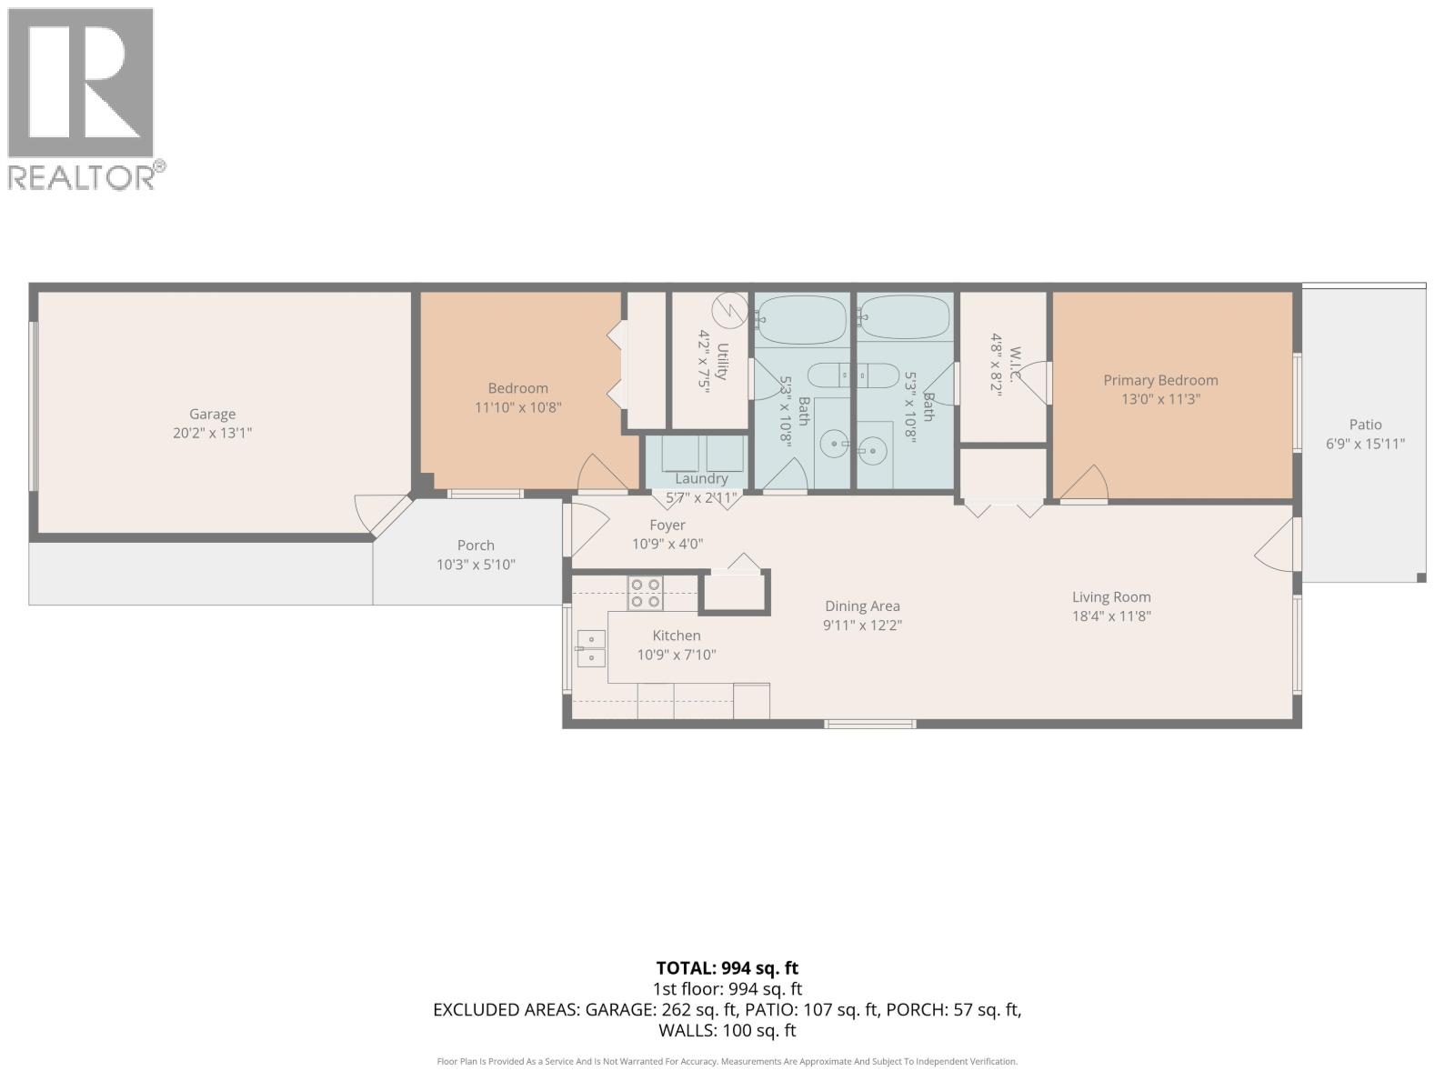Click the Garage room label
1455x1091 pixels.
coord(212,414)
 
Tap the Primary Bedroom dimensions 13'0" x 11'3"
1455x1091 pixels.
coord(1160,399)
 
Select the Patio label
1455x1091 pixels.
coord(1365,425)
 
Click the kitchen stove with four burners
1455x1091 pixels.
coord(646,593)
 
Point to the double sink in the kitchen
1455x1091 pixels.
coord(591,648)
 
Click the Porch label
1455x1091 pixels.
coord(476,545)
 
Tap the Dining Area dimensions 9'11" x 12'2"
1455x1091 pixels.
coord(862,626)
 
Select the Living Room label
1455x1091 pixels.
coord(1110,597)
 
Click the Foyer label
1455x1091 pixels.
coord(667,525)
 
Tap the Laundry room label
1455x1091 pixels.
coord(701,478)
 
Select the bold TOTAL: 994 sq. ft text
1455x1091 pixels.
coord(727,968)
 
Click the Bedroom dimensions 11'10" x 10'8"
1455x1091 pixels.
coord(517,408)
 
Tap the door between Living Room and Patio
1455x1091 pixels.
coord(1275,545)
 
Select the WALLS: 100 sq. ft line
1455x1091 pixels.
coord(727,1031)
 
